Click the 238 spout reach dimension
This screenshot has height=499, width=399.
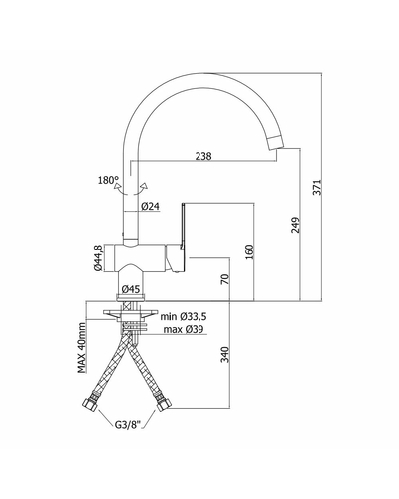pos(203,156)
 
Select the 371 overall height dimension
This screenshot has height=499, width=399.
pos(318,187)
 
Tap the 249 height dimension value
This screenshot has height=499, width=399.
pos(296,225)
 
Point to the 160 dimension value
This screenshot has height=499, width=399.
pos(249,252)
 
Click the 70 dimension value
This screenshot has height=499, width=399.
pos(225,279)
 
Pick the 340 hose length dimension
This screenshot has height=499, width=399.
pos(225,355)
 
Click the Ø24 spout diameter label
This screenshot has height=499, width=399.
pos(150,207)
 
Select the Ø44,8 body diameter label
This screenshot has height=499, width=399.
pos(98,258)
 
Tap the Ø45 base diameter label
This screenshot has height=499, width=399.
pos(131,289)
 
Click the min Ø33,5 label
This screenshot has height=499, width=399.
pos(184,316)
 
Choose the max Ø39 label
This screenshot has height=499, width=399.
pos(184,329)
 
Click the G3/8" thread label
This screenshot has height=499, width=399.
pos(128,425)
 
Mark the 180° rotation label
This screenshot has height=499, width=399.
pos(109,180)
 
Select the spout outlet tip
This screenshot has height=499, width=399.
pos(277,142)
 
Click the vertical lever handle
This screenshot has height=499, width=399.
pos(183,226)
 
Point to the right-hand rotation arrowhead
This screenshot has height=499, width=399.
pos(145,186)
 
